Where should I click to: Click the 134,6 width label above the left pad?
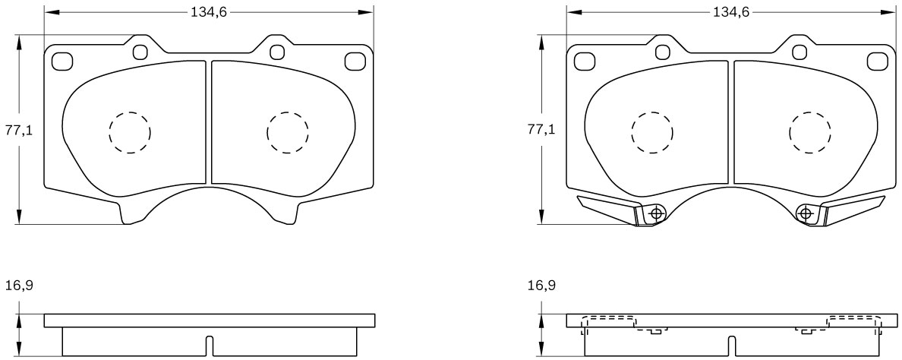[210, 12]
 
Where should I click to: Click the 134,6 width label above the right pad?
[732, 12]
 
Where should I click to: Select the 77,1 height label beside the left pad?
[19, 130]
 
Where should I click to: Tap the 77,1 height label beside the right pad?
[541, 130]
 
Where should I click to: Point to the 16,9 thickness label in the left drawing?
[19, 285]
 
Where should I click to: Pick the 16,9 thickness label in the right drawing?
[541, 285]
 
